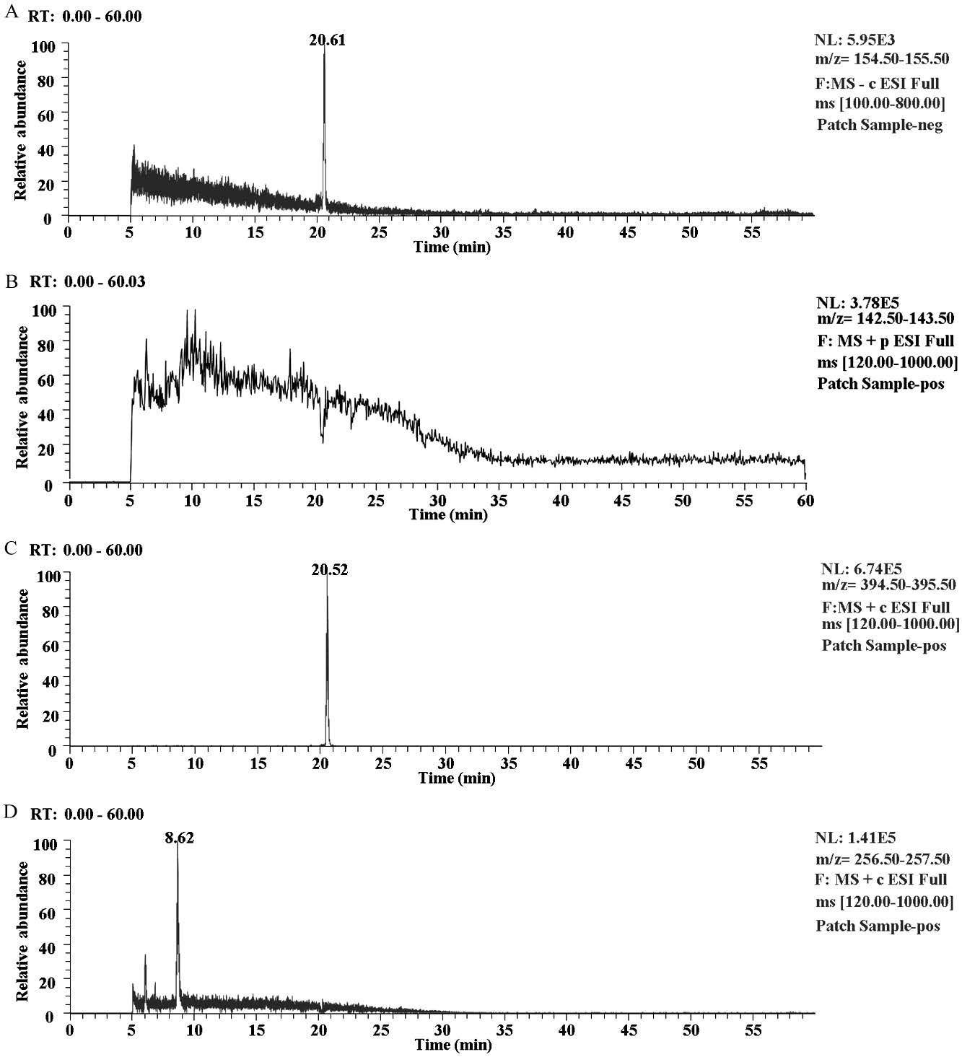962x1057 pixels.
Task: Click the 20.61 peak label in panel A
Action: click(328, 40)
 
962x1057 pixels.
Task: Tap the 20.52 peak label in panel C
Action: click(330, 570)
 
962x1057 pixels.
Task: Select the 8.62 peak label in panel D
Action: click(179, 838)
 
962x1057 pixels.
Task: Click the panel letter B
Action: click(11, 282)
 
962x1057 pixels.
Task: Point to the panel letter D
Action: click(11, 812)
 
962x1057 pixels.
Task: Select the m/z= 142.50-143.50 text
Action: click(886, 318)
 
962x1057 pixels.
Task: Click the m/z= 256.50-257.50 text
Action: click(883, 859)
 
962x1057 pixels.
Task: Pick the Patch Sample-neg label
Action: click(880, 125)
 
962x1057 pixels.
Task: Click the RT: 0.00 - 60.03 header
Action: click(87, 282)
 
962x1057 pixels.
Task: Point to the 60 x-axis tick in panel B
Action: click(805, 500)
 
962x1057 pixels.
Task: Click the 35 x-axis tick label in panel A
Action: click(504, 232)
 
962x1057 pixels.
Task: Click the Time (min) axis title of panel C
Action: click(457, 779)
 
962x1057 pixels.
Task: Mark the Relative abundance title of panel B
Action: click(22, 397)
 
